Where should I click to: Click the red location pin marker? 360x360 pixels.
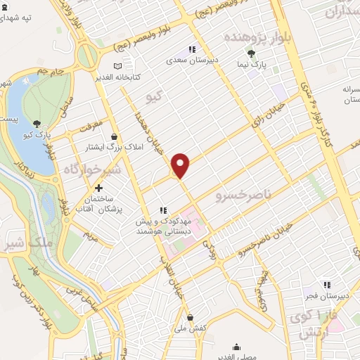(181, 165)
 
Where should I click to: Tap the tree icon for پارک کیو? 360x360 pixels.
(36, 123)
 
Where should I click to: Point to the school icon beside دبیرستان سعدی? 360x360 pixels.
(191, 49)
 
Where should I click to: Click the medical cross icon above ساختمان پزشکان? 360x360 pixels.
(98, 188)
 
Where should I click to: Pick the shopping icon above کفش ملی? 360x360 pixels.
(190, 317)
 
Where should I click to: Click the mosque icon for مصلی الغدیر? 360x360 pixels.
(237, 347)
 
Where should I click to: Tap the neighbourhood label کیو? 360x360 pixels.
(153, 92)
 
